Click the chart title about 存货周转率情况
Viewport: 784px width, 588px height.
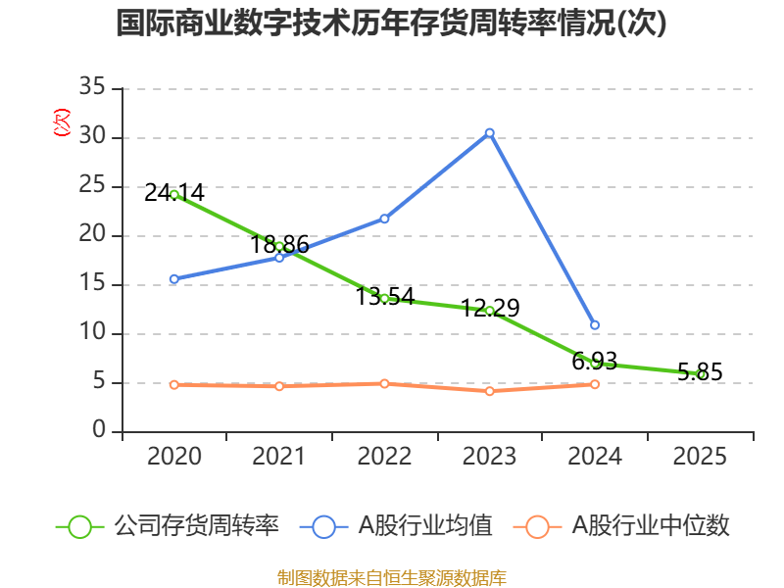pos(391,24)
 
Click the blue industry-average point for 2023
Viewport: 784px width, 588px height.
pos(490,132)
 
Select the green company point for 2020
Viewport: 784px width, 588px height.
pos(174,194)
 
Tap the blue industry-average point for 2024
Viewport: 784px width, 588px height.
pos(595,324)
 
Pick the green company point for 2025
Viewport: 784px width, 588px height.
pos(700,373)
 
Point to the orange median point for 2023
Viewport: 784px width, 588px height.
pos(490,391)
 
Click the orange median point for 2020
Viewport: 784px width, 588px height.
pos(174,384)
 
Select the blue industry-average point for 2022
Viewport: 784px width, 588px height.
pos(384,219)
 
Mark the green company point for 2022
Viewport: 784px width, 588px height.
pos(384,298)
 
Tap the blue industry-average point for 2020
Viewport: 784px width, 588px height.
pos(174,279)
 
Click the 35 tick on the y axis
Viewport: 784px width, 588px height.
pos(92,88)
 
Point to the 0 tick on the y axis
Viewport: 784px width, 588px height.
pos(99,431)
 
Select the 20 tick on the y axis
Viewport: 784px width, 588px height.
pos(92,235)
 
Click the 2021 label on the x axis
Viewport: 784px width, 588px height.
pos(279,457)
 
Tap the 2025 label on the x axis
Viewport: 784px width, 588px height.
pos(700,457)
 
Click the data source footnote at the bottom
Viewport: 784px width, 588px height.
pos(391,577)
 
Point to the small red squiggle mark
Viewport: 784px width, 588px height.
pos(62,122)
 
